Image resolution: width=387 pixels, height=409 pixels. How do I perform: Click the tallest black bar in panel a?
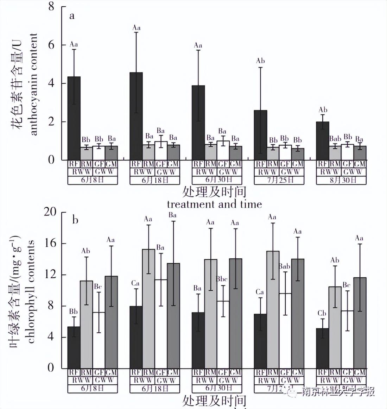[136, 116]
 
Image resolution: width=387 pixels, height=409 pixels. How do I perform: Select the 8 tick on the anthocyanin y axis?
[51, 6]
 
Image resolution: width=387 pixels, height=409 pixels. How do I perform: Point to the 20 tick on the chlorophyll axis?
[50, 212]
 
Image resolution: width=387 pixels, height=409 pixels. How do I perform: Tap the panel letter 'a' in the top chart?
[72, 16]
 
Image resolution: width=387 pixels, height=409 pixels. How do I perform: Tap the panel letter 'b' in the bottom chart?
[75, 220]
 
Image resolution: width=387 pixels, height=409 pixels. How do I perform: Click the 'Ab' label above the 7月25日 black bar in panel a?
[260, 61]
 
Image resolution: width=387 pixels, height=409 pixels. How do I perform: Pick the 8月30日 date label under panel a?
[341, 180]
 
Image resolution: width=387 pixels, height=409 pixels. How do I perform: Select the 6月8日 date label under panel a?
[92, 180]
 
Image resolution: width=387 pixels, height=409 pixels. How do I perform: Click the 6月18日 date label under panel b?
[154, 389]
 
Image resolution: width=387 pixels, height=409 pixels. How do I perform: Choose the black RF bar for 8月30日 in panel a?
[323, 141]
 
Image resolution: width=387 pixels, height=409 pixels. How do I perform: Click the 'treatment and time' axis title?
[214, 204]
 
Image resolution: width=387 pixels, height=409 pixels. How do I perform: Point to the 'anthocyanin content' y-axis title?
[33, 84]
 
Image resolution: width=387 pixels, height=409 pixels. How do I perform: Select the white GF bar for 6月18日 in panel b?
[161, 324]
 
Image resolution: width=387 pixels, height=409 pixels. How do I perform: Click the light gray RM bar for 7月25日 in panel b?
[273, 310]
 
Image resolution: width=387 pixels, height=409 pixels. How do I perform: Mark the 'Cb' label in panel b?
[322, 313]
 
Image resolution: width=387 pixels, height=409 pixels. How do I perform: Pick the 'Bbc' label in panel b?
[222, 279]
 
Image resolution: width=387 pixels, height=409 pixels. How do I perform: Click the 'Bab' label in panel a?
[335, 139]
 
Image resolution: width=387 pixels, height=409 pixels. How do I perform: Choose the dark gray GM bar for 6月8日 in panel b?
[111, 322]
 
